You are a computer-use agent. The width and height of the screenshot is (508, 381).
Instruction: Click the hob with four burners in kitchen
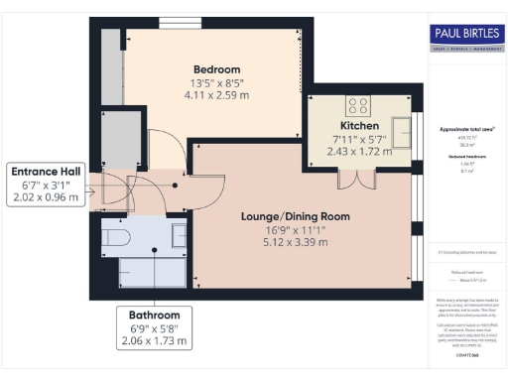(x=356, y=106)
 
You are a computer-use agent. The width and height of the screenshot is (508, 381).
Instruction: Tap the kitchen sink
(x=402, y=130)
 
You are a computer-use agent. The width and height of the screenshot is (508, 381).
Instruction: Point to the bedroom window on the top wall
(x=180, y=24)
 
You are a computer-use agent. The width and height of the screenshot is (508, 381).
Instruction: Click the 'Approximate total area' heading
(x=464, y=130)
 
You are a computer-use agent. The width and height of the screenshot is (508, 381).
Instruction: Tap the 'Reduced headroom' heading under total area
(x=464, y=155)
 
